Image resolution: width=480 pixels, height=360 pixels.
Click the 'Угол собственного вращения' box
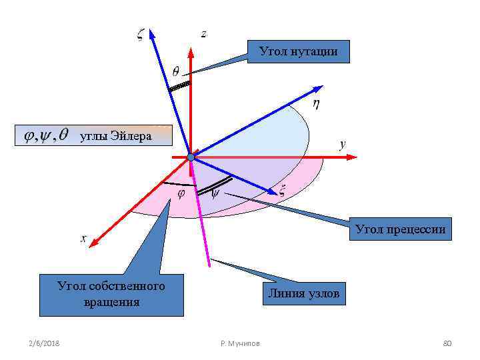click(111, 294)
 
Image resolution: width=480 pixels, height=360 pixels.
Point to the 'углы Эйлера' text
click(116, 137)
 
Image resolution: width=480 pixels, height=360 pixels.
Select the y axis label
click(342, 143)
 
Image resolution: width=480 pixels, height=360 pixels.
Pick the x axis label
click(84, 237)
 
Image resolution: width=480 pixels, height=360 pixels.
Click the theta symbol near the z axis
click(175, 71)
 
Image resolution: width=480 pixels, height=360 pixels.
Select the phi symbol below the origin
click(181, 193)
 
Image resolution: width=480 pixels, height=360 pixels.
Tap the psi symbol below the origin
click(215, 194)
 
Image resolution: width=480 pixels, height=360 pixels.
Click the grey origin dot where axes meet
click(191, 157)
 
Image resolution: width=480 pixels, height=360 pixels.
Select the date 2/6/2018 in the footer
click(44, 343)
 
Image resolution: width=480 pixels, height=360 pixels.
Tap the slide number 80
click(447, 343)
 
